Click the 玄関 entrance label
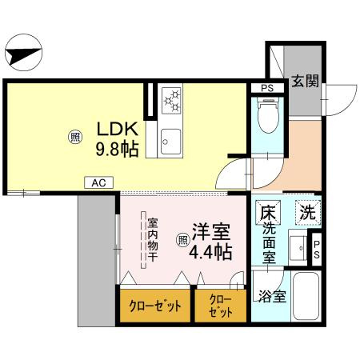[x=305, y=81]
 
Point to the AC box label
[x=98, y=183]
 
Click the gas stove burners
[x=172, y=102]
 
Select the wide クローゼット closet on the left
[x=155, y=306]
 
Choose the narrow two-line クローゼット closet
[x=220, y=306]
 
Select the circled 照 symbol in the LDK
[x=74, y=138]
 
